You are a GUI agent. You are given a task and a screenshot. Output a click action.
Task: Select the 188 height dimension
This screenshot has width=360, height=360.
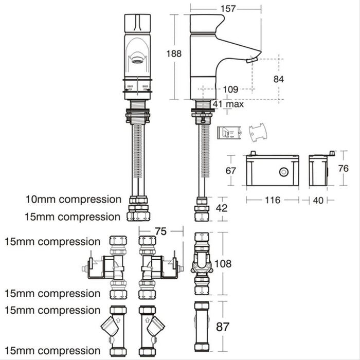(x=174, y=53)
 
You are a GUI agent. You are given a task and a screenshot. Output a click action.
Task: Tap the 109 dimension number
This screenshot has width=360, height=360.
(x=231, y=89)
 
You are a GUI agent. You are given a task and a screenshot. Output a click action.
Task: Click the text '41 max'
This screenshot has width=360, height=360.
(x=228, y=104)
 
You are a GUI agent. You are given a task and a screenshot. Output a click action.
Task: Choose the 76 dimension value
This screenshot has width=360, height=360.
(x=344, y=168)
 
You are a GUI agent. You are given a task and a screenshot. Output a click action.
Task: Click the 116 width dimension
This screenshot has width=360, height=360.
(x=273, y=200)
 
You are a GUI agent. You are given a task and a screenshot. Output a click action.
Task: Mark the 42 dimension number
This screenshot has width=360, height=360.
(x=222, y=208)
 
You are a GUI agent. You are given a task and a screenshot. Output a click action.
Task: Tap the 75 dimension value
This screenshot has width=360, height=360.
(x=161, y=231)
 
